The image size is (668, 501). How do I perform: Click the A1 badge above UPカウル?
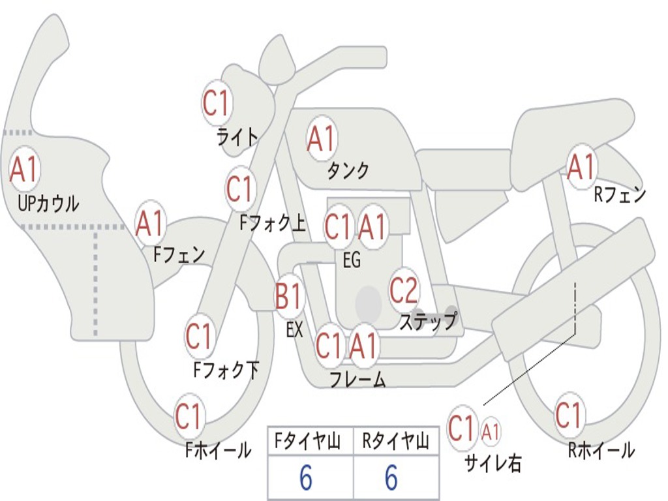pos(25,170)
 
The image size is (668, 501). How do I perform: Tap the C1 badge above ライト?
pos(217,102)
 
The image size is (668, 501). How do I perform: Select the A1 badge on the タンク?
pos(322,138)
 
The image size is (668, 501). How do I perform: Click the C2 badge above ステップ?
pos(404,290)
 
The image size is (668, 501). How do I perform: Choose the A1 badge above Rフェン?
pos(581,166)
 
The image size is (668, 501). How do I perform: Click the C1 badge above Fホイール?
pos(189,416)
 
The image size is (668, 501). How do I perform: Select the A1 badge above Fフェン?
pos(150,224)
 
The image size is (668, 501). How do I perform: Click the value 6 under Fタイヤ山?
pos(306,479)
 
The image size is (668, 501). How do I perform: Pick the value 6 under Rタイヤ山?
pos(391,479)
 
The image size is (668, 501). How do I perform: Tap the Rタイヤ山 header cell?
pos(395,442)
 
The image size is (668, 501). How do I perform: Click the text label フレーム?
pos(357,380)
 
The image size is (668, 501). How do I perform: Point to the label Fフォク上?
pos(272,224)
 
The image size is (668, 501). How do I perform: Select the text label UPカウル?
pos(48,204)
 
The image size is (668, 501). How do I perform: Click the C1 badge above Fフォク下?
pos(199,337)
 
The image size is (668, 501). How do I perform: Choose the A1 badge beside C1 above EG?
pos(372,227)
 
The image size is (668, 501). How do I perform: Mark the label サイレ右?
pos(493,463)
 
